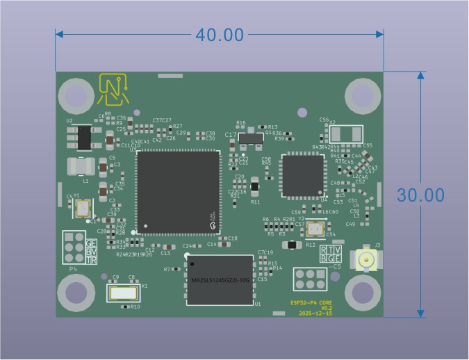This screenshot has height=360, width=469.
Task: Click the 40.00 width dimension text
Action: point(219,34)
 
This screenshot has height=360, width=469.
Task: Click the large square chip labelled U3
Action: point(178,192)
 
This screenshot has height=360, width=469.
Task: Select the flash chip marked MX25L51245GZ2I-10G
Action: point(220,279)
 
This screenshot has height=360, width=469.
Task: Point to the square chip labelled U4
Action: point(303,175)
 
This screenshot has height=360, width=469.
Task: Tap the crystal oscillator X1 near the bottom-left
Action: point(125,293)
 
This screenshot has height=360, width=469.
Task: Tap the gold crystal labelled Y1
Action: point(83,208)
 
